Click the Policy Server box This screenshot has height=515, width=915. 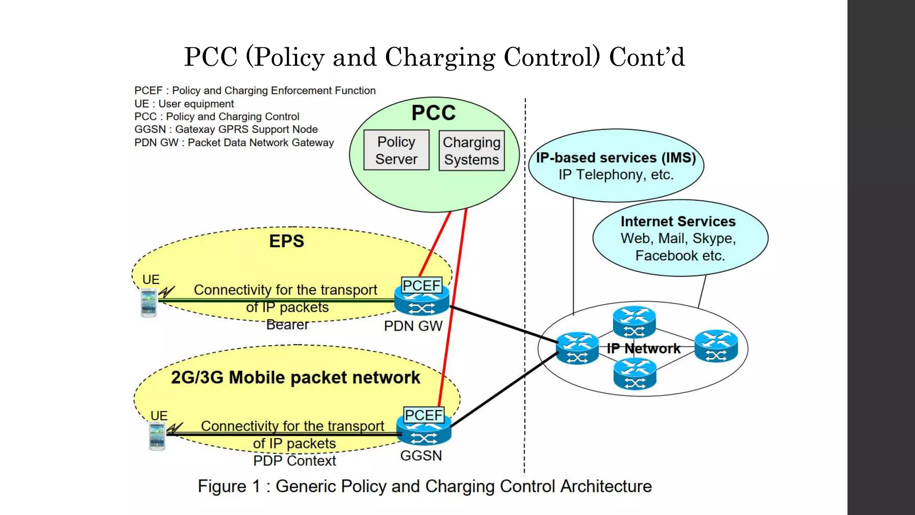pos(396,150)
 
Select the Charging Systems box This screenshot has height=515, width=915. pos(471,151)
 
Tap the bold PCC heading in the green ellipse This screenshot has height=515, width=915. pos(433,113)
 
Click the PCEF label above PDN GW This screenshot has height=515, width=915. pos(421,285)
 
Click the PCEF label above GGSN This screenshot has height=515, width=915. pos(424,415)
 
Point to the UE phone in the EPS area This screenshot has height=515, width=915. pos(149,303)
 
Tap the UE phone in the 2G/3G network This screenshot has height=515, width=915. pos(157,436)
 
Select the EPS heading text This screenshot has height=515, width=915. pos(286,241)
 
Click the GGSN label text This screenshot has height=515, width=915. pos(421,456)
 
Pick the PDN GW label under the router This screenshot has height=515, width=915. pos(413,326)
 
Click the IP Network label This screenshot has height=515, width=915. pos(643,348)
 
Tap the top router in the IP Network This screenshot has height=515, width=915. pos(634,321)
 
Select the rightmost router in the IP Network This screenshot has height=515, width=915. pos(716,346)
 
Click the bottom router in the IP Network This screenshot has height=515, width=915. pos(634,374)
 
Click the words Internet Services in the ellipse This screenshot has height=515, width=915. pos(678,221)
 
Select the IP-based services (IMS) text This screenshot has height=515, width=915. pos(616,158)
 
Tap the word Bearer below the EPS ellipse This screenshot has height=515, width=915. pos(287,325)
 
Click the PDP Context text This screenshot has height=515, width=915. pos(294,461)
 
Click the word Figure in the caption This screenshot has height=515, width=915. pos(222,486)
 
